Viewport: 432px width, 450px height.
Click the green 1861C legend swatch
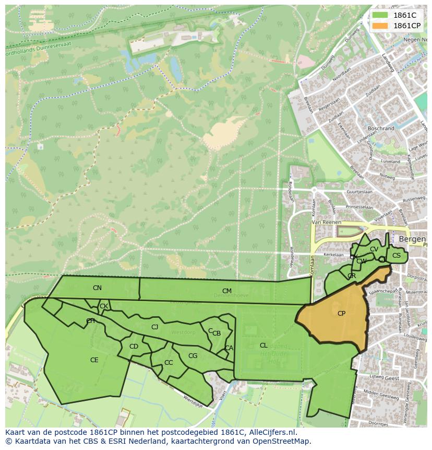[380, 16]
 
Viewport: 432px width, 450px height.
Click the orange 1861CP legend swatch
[380, 26]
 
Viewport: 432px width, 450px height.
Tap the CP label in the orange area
[341, 314]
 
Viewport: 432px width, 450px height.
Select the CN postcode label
[97, 288]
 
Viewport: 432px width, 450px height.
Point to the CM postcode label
[226, 291]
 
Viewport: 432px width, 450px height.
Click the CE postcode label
[94, 360]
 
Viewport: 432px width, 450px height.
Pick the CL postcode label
[263, 345]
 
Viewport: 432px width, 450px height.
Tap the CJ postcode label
[154, 327]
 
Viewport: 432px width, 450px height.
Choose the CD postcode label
[134, 347]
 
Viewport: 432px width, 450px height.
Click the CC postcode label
[168, 363]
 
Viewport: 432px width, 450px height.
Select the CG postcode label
[193, 356]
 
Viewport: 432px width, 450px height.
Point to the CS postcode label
[397, 256]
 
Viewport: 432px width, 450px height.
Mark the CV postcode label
[374, 249]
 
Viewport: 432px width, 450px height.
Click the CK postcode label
[104, 306]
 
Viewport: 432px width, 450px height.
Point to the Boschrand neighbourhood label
[381, 129]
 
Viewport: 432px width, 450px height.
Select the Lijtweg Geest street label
[385, 377]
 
